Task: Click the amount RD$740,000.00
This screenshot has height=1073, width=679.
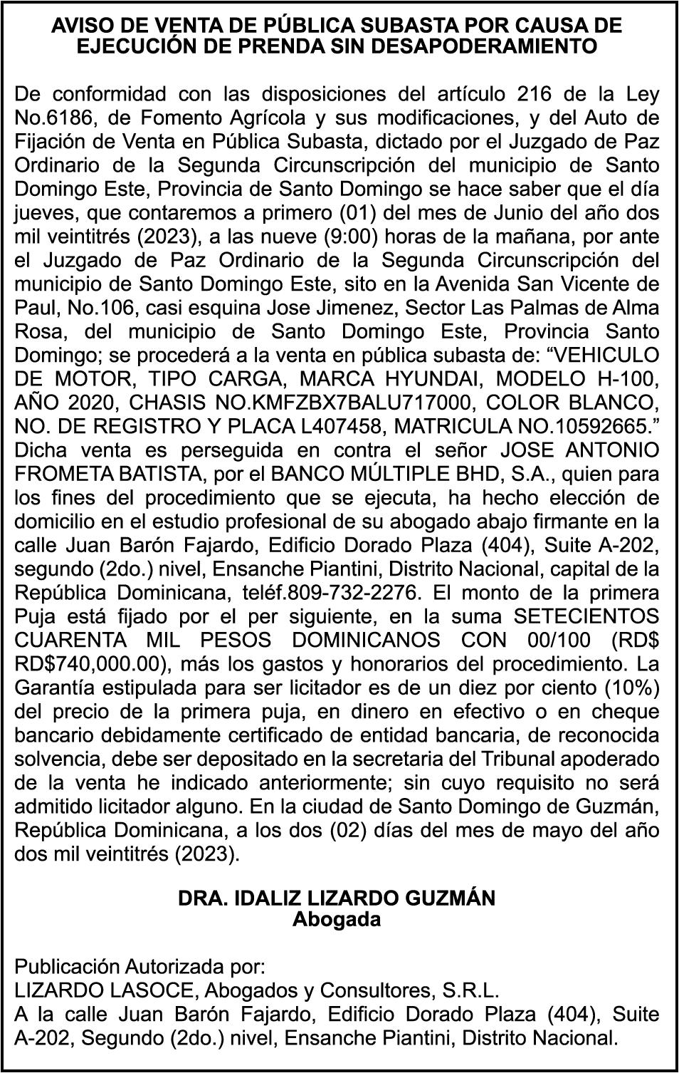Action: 90,664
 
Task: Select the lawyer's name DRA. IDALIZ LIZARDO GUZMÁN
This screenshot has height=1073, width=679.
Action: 337,898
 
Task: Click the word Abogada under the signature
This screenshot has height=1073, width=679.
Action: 337,919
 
